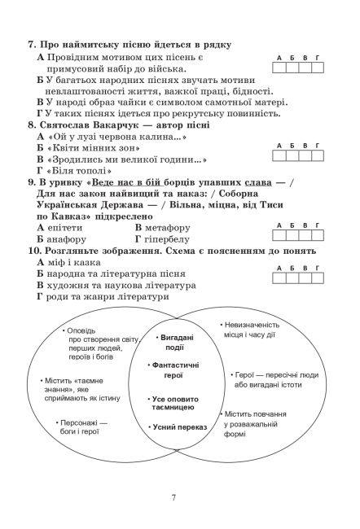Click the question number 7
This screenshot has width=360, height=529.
(x=32, y=43)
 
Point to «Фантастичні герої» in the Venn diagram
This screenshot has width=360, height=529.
(x=178, y=370)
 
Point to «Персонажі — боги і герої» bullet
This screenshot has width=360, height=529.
(x=82, y=427)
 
